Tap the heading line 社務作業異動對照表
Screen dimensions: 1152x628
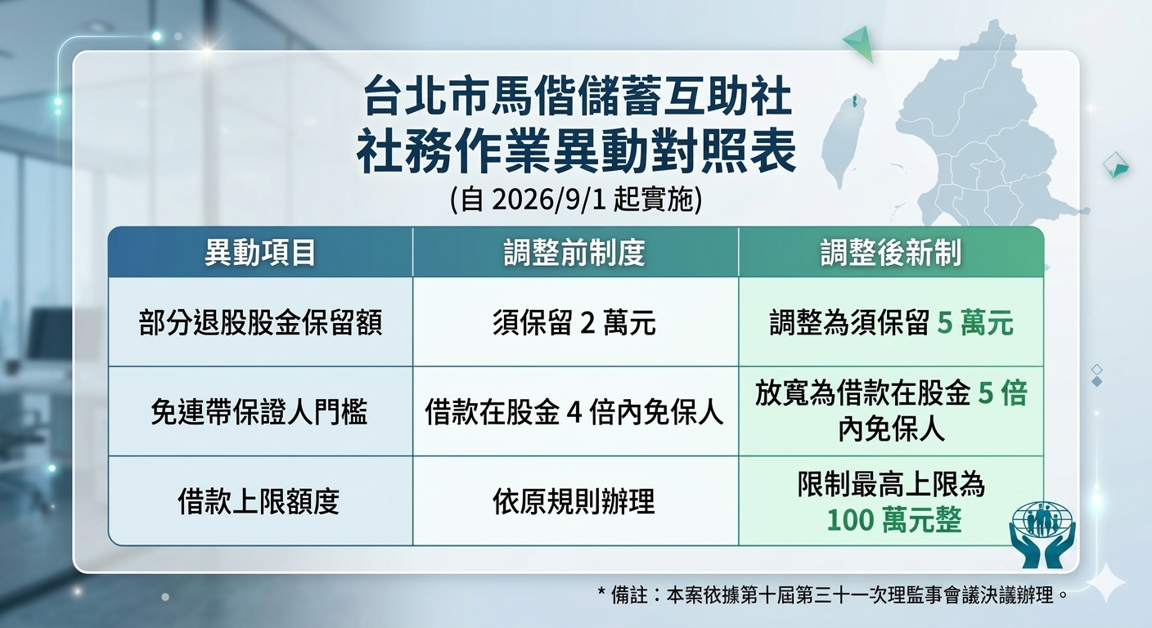tap(577, 151)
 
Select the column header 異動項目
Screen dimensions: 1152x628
tap(260, 253)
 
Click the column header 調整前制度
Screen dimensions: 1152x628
tap(574, 253)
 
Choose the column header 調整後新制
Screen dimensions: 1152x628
tap(891, 253)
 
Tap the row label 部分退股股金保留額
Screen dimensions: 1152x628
tap(260, 323)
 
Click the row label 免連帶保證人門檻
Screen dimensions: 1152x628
tap(259, 411)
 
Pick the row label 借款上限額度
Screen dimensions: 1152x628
tap(259, 501)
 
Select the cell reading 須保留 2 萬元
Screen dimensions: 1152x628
tap(574, 323)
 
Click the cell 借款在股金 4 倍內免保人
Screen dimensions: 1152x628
tap(574, 411)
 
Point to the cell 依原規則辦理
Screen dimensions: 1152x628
tap(574, 501)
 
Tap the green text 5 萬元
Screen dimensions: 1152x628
tap(975, 323)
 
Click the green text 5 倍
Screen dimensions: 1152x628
tap(1002, 393)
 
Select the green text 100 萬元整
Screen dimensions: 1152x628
tap(894, 519)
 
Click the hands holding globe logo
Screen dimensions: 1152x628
tap(1042, 535)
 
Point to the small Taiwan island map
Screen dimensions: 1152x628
tap(844, 141)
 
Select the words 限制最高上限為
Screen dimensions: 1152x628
tap(891, 483)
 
